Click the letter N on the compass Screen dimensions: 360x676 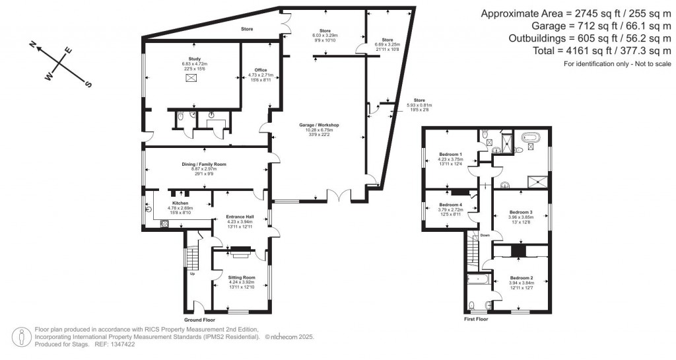click(32, 44)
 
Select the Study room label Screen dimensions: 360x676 click(194, 59)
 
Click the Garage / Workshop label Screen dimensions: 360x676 click(321, 125)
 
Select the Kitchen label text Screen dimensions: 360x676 click(180, 203)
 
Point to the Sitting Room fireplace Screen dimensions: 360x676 click(240, 250)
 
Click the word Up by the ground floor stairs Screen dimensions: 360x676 click(192, 273)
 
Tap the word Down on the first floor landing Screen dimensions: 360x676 click(485, 235)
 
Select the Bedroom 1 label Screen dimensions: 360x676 click(450, 154)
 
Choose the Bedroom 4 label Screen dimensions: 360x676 click(450, 205)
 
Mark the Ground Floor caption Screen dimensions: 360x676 click(198, 319)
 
